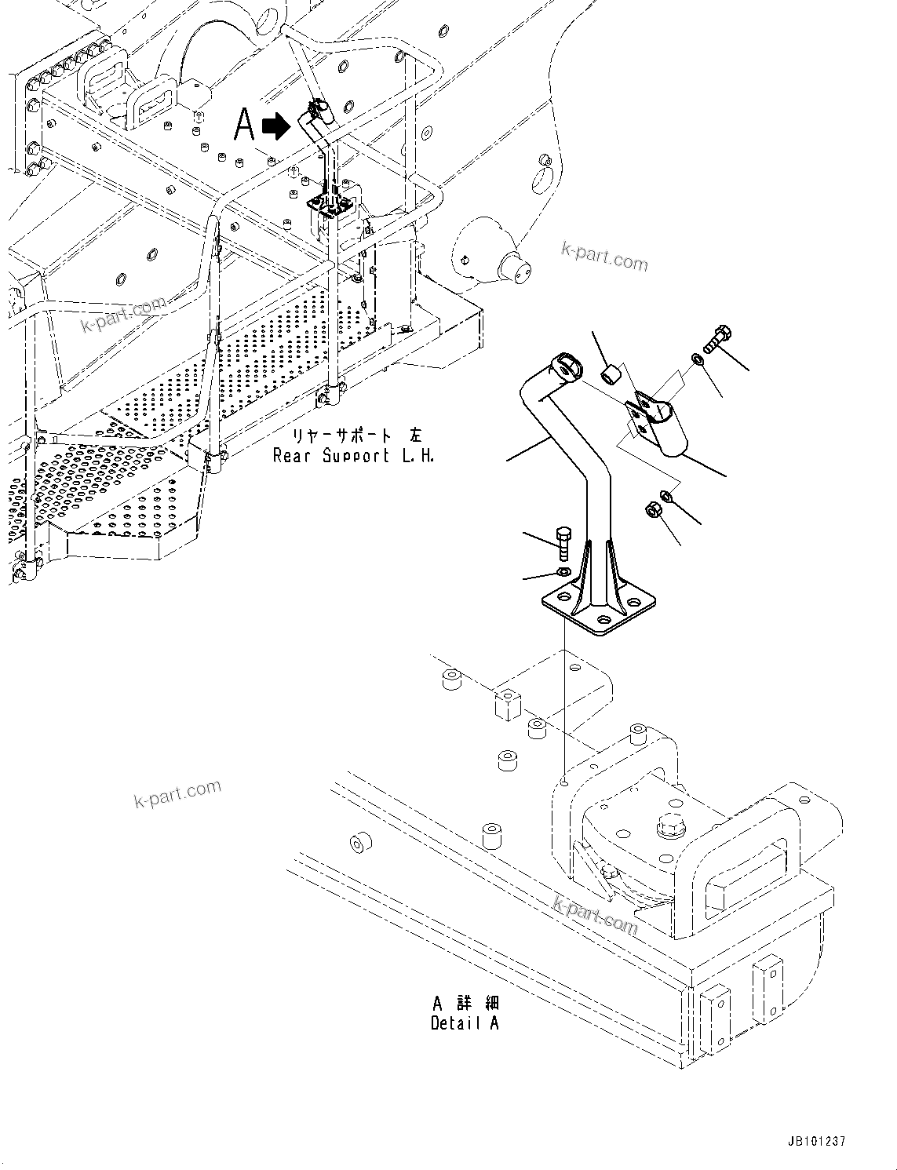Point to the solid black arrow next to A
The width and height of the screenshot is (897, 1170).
coord(275,126)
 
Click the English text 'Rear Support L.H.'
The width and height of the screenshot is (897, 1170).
coord(353,455)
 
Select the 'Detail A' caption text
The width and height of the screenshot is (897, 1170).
coord(465,1022)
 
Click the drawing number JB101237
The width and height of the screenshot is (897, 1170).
coord(814,1143)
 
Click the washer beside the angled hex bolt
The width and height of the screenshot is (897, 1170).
coord(697,360)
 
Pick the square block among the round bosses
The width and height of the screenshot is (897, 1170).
coord(508,703)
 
